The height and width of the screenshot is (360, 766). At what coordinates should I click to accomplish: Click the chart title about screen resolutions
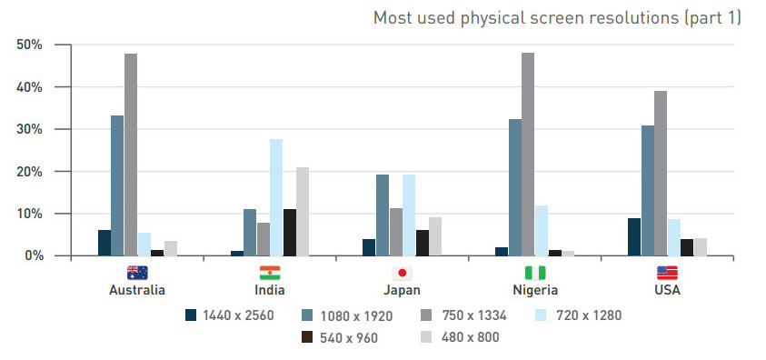[557, 18]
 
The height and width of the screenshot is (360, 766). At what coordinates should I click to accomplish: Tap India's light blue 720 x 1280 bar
[276, 197]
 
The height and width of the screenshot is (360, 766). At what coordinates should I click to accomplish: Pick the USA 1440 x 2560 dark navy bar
[633, 237]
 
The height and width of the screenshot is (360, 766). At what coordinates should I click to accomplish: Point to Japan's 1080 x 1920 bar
[383, 215]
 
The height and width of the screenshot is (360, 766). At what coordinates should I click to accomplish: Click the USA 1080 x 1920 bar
[647, 191]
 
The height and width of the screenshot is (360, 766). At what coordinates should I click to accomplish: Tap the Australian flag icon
[137, 273]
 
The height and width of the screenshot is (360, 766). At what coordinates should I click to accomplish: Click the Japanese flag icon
[402, 273]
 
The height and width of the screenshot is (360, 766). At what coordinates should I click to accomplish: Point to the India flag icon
[270, 273]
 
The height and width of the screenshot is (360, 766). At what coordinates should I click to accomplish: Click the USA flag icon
[667, 273]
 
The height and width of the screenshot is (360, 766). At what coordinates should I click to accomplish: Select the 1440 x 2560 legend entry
[226, 315]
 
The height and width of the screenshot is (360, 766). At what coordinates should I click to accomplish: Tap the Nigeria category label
[533, 291]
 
